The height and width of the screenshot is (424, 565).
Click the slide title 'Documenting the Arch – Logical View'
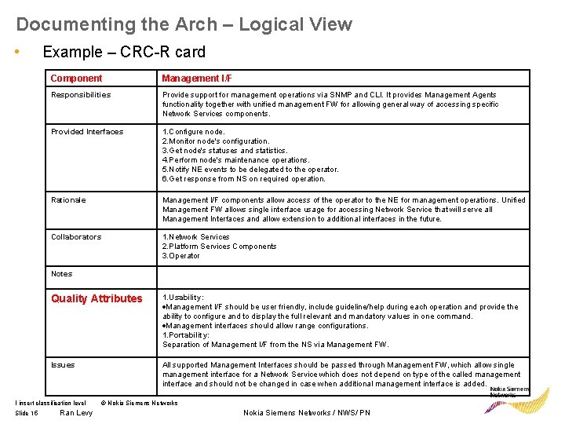[184, 24]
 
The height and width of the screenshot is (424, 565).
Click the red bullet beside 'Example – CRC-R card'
[17, 52]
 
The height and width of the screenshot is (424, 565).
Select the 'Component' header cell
[76, 79]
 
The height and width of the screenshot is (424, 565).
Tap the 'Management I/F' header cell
[197, 79]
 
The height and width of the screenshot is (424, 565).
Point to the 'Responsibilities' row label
[81, 95]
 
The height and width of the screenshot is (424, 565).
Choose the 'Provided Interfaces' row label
[87, 132]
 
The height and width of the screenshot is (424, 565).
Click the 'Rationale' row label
[68, 200]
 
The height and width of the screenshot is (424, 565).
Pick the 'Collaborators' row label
[76, 237]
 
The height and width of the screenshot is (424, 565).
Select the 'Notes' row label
[61, 274]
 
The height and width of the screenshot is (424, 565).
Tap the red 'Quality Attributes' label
[97, 298]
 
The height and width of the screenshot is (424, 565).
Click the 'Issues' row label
[63, 365]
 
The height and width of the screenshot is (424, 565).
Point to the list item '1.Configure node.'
[193, 132]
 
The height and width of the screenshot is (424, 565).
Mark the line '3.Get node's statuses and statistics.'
[225, 151]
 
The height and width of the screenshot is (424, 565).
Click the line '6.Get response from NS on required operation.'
[243, 179]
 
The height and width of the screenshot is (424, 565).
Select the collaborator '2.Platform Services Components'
[220, 247]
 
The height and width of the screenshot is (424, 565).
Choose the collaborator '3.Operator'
[181, 256]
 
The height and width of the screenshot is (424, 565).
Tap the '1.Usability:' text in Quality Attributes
[183, 298]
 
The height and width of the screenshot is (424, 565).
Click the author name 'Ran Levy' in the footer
[76, 413]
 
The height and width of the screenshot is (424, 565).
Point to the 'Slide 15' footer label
[27, 413]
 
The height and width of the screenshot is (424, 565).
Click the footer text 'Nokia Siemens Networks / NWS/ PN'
[307, 413]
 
